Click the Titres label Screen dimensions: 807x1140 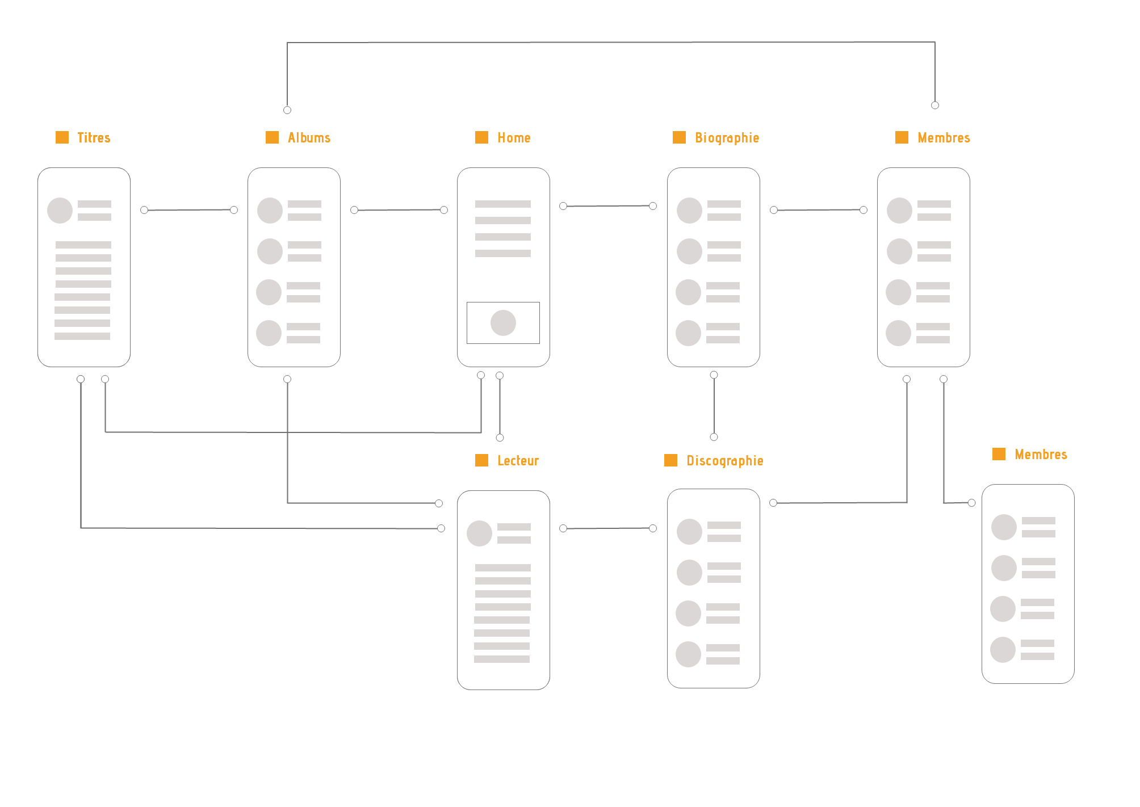click(x=94, y=138)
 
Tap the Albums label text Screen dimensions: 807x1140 click(x=309, y=138)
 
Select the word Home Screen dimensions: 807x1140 click(x=514, y=138)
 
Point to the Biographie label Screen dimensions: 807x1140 click(x=727, y=138)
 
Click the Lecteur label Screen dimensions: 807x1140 click(x=518, y=461)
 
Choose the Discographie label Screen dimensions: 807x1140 click(x=724, y=461)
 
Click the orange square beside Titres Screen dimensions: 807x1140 click(x=62, y=137)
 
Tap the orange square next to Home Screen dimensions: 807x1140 click(x=481, y=137)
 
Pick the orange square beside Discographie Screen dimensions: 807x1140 click(x=670, y=460)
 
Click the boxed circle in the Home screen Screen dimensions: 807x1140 click(x=503, y=323)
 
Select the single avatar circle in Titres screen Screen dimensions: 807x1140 click(x=60, y=210)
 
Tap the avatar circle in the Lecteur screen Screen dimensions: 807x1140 click(x=479, y=533)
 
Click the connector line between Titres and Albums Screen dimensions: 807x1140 click(x=189, y=210)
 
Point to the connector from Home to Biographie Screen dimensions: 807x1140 click(x=607, y=206)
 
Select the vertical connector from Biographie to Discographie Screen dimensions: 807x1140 click(x=714, y=406)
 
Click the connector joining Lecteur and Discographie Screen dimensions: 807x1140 click(x=607, y=528)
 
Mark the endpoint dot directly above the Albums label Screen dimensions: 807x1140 click(x=287, y=110)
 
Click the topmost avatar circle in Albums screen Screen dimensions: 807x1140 click(x=270, y=210)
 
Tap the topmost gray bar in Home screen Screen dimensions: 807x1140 click(x=503, y=204)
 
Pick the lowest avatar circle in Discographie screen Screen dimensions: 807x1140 click(x=689, y=654)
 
